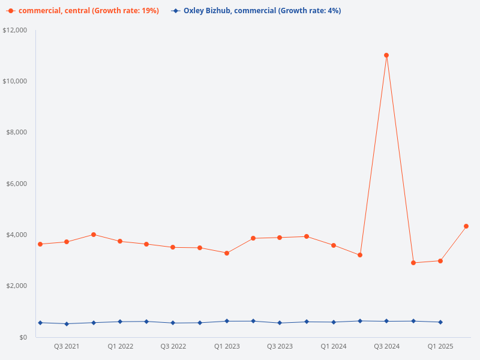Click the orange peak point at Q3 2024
pyautogui.click(x=386, y=55)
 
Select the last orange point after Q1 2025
pyautogui.click(x=466, y=226)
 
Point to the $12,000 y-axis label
pyautogui.click(x=15, y=30)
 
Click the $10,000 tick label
pyautogui.click(x=15, y=81)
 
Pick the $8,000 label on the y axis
pyautogui.click(x=17, y=132)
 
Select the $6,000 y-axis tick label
pyautogui.click(x=17, y=184)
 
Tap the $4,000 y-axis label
pyautogui.click(x=17, y=235)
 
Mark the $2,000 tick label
pyautogui.click(x=17, y=286)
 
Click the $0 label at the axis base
pyautogui.click(x=23, y=337)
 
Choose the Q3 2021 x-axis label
pyautogui.click(x=67, y=347)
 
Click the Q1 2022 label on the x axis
pyautogui.click(x=120, y=347)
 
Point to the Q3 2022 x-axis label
pyautogui.click(x=173, y=347)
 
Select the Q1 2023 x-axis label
pyautogui.click(x=227, y=347)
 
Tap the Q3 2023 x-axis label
pyautogui.click(x=280, y=347)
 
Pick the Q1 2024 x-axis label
pyautogui.click(x=333, y=347)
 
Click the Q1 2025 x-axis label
pyautogui.click(x=440, y=347)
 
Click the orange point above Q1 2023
pyautogui.click(x=227, y=253)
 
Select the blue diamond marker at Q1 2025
pyautogui.click(x=440, y=322)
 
